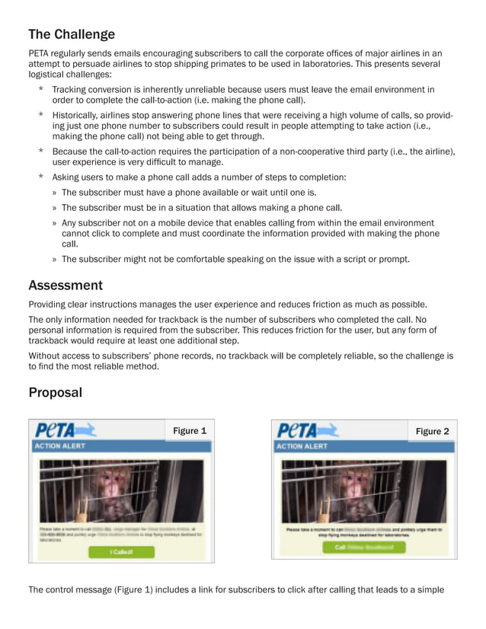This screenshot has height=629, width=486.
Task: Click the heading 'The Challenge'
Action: (72, 34)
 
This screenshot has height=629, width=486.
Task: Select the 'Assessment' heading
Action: (66, 286)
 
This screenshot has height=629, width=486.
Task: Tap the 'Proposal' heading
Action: (55, 393)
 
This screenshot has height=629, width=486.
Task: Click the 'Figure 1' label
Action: (190, 431)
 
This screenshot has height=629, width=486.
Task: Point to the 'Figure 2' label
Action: (432, 432)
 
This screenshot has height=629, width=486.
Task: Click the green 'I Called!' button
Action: (121, 551)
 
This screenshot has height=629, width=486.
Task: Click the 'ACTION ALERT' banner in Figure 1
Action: (61, 446)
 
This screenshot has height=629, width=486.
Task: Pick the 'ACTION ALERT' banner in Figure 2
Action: (304, 446)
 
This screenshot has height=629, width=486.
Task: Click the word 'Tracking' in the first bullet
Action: (71, 90)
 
